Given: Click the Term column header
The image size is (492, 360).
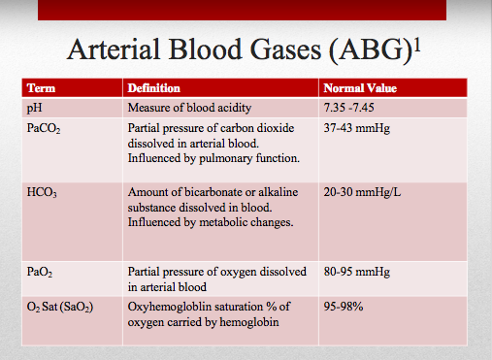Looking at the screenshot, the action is coord(41,88).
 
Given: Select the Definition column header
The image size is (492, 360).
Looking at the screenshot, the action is coord(154,88).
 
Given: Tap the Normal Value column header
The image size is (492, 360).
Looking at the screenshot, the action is coord(360,88).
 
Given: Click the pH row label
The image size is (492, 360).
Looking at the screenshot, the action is coord(34,108).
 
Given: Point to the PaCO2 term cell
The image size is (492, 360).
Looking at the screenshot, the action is coord(44,128).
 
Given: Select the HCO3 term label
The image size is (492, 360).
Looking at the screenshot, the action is coord(42,192).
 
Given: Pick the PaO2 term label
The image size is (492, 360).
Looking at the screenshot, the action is coord(40,272).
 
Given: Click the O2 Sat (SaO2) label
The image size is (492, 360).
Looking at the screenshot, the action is coord(60,307).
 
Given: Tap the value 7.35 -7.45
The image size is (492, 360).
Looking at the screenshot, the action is coord(348,108).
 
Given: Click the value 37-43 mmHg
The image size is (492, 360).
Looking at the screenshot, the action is coord(357,128).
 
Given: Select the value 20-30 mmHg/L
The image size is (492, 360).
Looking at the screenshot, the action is coord(362,192).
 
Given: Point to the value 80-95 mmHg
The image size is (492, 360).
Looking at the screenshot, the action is coord(357,272).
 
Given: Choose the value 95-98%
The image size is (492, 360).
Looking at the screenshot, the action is coord(344,307).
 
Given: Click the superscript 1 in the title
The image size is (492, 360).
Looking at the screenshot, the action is coord(417,46).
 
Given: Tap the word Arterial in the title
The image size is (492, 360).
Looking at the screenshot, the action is coord(114,49).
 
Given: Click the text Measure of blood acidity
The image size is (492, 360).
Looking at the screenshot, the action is coord(189,108).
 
